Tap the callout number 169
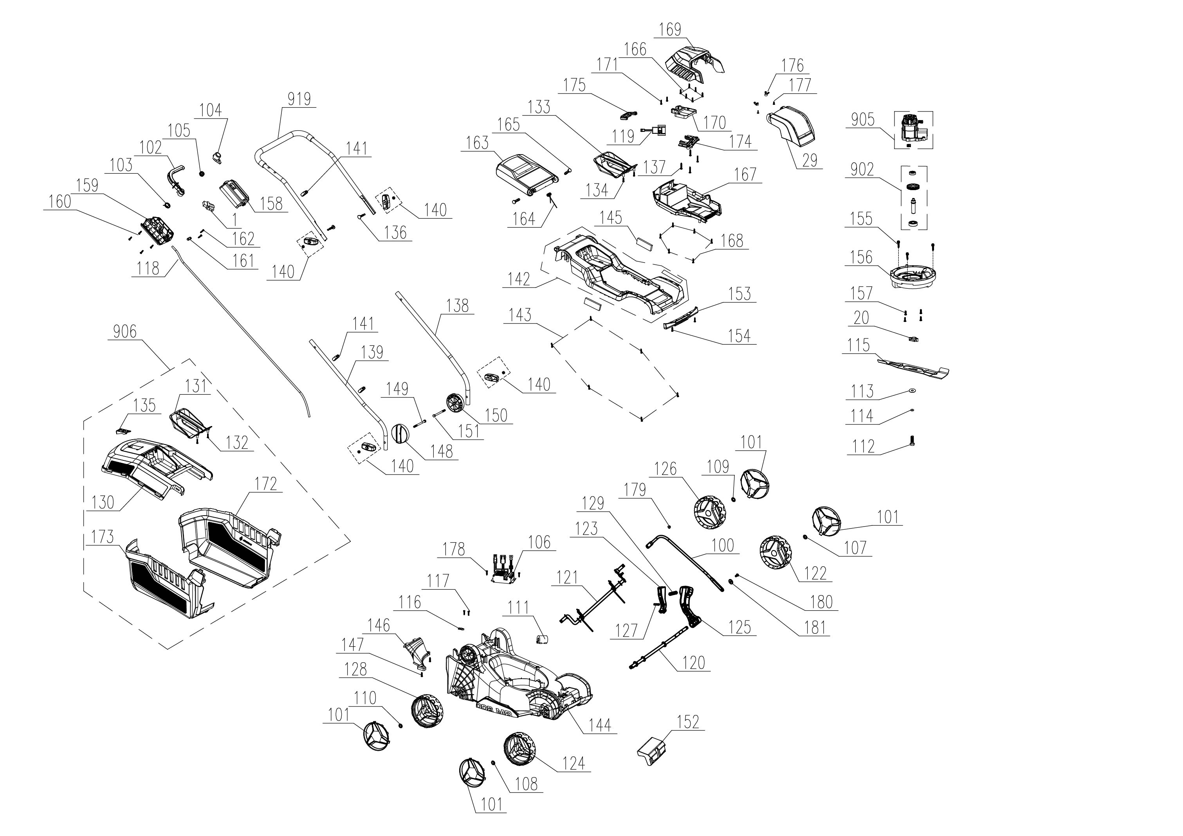tap(670, 29)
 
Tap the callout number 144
tap(600, 725)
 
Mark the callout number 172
tap(266, 484)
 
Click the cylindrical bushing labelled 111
tap(542, 639)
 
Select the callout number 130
tap(103, 502)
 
